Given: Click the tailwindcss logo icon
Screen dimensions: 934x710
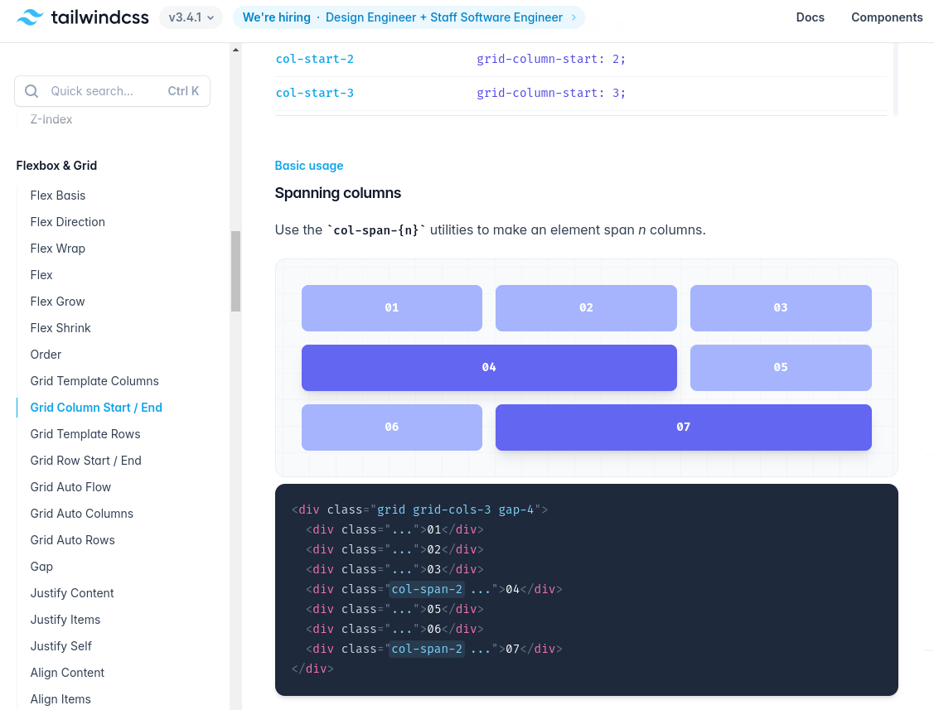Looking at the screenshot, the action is [30, 17].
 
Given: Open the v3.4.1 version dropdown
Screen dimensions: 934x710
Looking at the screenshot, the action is [191, 17].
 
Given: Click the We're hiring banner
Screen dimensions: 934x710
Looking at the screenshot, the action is [409, 17].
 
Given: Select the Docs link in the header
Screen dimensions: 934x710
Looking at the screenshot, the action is [811, 17].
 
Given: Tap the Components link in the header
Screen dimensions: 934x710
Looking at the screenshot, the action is [887, 17].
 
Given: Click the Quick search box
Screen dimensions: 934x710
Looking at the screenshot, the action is [112, 91].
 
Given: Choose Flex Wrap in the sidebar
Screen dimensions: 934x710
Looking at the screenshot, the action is [58, 249].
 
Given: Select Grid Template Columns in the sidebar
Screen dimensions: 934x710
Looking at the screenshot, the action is [94, 381].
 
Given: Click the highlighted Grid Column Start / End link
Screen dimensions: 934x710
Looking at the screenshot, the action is [96, 408].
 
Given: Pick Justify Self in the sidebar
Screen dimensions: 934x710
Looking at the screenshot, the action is [60, 646].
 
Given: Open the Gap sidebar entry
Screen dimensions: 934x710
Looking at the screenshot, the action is [41, 567].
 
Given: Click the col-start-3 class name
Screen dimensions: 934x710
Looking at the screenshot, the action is [315, 93].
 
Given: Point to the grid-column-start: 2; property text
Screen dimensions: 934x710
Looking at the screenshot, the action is [551, 59].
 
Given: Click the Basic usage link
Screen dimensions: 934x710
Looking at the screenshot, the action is [308, 166].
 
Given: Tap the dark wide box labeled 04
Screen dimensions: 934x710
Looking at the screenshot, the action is [489, 368].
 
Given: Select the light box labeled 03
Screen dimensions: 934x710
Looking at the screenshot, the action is [781, 308].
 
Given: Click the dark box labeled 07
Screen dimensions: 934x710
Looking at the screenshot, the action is [683, 427].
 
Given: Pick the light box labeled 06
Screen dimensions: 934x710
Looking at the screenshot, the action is [392, 427].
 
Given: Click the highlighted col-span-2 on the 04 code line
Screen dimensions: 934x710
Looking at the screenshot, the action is [427, 589].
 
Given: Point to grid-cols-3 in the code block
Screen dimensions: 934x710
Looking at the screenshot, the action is [452, 510].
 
